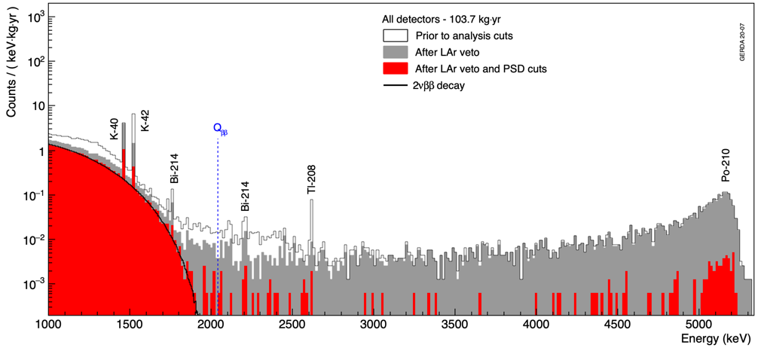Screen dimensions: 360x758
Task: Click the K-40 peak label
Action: [x=114, y=130]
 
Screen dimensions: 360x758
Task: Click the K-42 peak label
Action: [x=145, y=121]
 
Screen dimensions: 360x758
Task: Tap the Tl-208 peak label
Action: [x=311, y=181]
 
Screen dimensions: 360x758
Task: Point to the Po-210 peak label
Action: [x=726, y=165]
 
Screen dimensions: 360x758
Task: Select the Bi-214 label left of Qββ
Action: [x=174, y=168]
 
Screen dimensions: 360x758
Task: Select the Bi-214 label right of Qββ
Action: [x=245, y=197]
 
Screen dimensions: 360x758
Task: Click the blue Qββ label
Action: [x=219, y=130]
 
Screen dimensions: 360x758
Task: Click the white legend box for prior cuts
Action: [x=396, y=35]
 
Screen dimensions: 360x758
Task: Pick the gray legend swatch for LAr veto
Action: [x=396, y=52]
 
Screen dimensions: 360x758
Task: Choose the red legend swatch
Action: [x=396, y=69]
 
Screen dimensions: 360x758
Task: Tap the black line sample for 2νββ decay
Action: [x=396, y=85]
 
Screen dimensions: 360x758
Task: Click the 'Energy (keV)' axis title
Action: [x=716, y=339]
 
